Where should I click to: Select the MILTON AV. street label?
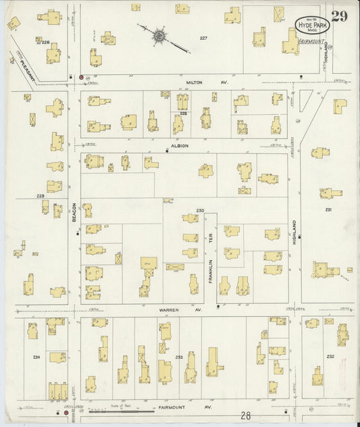[207, 82]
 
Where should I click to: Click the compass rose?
[160, 34]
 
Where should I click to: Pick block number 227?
[203, 38]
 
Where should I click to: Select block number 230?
[200, 210]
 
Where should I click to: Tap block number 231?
[328, 210]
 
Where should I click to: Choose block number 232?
[330, 355]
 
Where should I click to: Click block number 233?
[179, 356]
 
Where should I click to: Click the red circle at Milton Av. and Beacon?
[82, 78]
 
